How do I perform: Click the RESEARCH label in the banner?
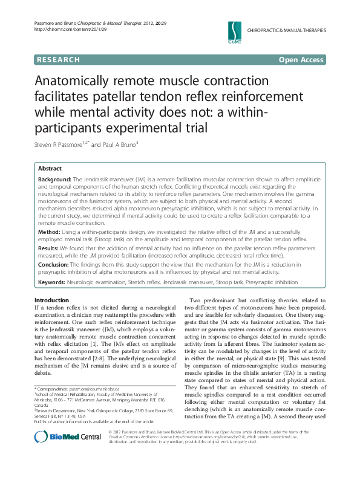58,60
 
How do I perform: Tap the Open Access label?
301,60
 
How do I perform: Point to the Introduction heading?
51,300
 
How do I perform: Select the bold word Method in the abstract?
48,232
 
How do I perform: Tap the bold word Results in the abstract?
49,247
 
